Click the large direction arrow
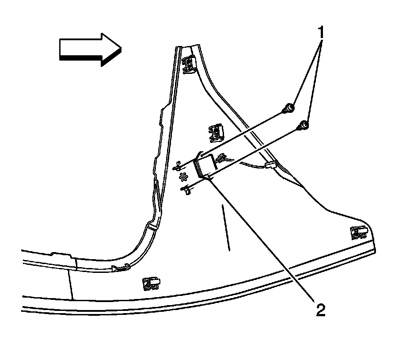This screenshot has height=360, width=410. pos(88,48)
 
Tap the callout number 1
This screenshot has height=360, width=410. pos(321,32)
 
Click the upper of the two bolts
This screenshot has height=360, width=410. pos(289,107)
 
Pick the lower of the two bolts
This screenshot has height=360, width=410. pos(304,126)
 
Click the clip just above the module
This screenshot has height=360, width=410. pos(216,131)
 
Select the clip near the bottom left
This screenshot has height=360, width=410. pos(151,283)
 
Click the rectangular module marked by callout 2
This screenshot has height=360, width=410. pos(205,167)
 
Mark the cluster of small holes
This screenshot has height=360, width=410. pos(183,176)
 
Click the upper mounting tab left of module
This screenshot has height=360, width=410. pos(178,166)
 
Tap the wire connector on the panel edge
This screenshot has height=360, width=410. pos(270,166)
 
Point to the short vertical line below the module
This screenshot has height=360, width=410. pos(226,228)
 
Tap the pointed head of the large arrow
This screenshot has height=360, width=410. pos(113,49)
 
